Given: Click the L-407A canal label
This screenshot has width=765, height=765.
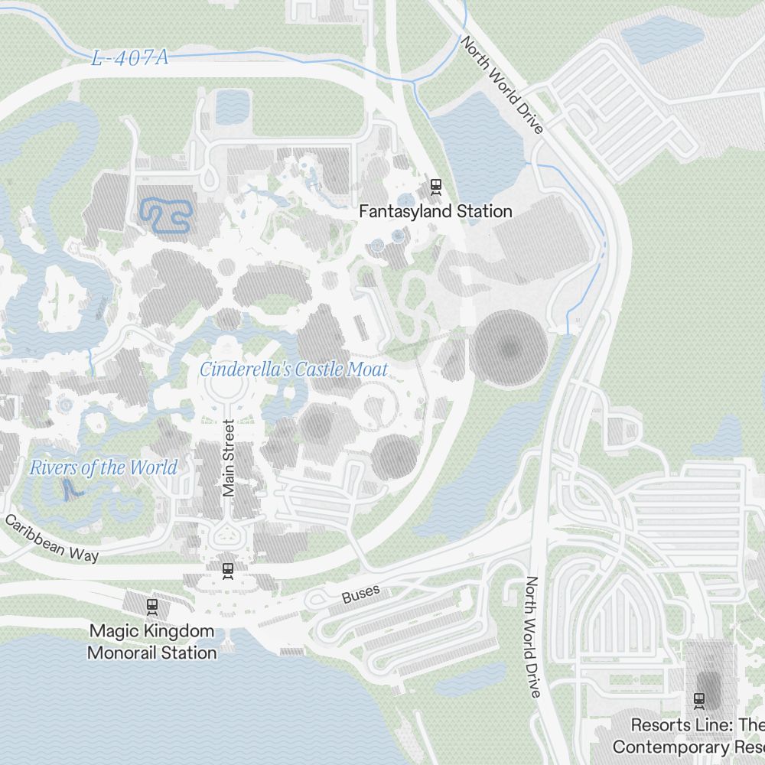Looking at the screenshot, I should pyautogui.click(x=129, y=58).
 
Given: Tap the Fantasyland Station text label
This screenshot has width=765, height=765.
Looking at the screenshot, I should pyautogui.click(x=436, y=211).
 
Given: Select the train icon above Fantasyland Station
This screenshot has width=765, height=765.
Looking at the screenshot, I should pyautogui.click(x=436, y=184).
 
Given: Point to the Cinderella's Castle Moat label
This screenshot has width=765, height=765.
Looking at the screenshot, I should pyautogui.click(x=294, y=369).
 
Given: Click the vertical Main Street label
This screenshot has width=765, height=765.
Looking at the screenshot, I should pyautogui.click(x=229, y=458).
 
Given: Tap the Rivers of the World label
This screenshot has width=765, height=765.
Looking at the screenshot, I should pyautogui.click(x=103, y=467).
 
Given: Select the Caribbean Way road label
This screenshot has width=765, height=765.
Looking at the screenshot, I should pyautogui.click(x=52, y=539).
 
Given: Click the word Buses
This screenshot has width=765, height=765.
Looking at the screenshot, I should pyautogui.click(x=361, y=594).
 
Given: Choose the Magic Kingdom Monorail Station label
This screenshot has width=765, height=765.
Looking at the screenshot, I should pyautogui.click(x=152, y=642).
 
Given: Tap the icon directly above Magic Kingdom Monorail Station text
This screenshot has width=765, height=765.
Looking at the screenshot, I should pyautogui.click(x=152, y=606).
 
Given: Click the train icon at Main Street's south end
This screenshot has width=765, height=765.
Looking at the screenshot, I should pyautogui.click(x=227, y=570).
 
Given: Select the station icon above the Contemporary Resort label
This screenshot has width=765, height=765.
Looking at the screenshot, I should pyautogui.click(x=698, y=698).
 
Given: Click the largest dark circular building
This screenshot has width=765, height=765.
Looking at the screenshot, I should pyautogui.click(x=508, y=348).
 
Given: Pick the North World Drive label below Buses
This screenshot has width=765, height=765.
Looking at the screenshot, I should pyautogui.click(x=532, y=636).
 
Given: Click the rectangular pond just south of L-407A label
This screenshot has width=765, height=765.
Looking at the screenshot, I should pyautogui.click(x=233, y=107).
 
